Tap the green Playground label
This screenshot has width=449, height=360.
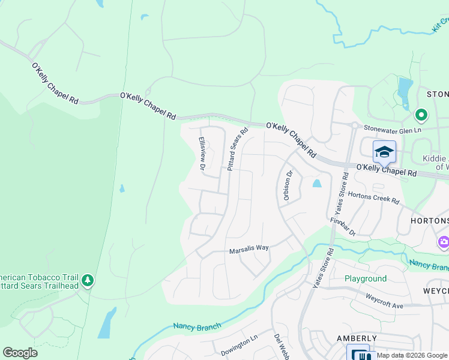365,279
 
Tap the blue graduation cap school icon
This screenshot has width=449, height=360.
384,152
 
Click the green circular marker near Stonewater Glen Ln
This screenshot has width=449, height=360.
421,114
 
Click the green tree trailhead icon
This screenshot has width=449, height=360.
88,280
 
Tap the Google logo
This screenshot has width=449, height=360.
20,353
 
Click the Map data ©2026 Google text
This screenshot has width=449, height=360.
412,355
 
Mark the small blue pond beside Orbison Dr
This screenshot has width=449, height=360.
317,184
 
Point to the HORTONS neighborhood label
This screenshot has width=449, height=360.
429,221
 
